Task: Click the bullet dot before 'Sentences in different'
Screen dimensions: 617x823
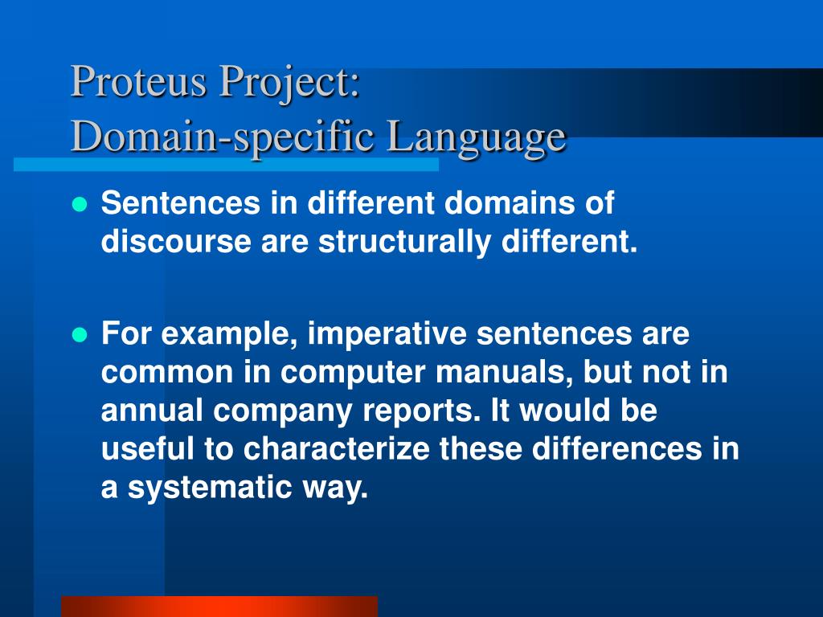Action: pos(79,205)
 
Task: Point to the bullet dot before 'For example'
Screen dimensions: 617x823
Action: pos(79,335)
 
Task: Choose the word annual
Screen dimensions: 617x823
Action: pos(152,411)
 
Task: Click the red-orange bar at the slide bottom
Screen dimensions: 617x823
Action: pos(219,607)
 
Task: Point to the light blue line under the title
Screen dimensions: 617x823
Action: pos(226,164)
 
